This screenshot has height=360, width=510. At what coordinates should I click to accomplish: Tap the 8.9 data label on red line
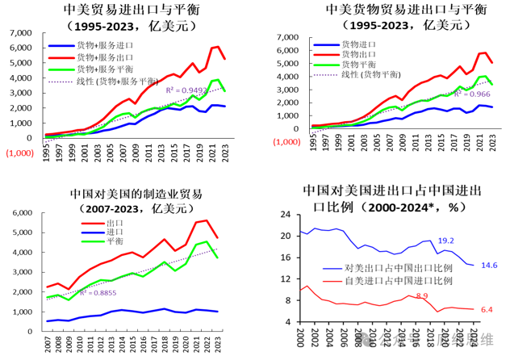click(421, 296)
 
